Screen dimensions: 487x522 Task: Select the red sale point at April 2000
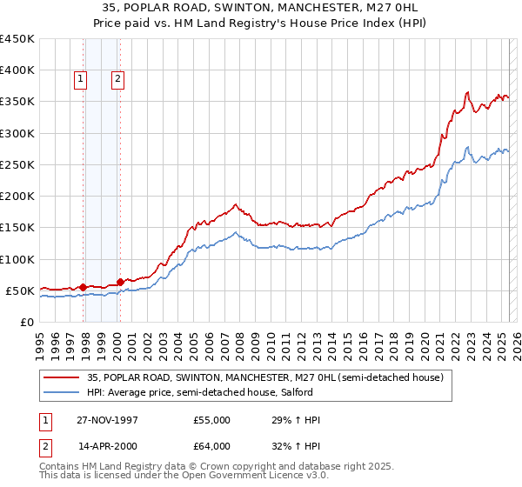[120, 281]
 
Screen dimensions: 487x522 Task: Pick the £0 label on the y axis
[27, 323]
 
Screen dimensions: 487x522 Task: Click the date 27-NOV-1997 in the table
[109, 420]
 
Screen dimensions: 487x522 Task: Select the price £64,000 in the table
[211, 445]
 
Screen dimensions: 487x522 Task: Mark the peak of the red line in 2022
[468, 92]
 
